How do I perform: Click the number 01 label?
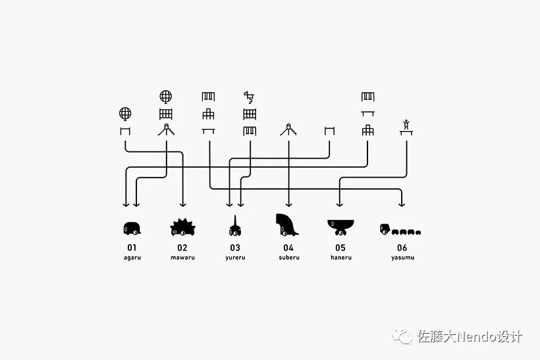click(132, 248)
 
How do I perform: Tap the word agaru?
click(132, 257)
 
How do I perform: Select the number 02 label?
click(183, 248)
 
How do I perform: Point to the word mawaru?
click(183, 257)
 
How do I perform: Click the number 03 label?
click(235, 248)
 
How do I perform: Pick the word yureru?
click(235, 257)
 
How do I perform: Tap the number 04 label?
click(288, 248)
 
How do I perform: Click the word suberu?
click(288, 257)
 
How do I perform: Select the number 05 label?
click(340, 248)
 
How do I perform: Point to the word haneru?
click(340, 257)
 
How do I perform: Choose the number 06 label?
click(402, 248)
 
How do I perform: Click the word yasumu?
click(402, 257)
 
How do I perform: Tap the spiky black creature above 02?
click(182, 227)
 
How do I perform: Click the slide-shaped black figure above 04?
click(287, 224)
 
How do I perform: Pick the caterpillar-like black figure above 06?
click(400, 230)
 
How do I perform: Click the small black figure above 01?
click(132, 228)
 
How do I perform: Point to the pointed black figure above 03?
click(234, 226)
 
